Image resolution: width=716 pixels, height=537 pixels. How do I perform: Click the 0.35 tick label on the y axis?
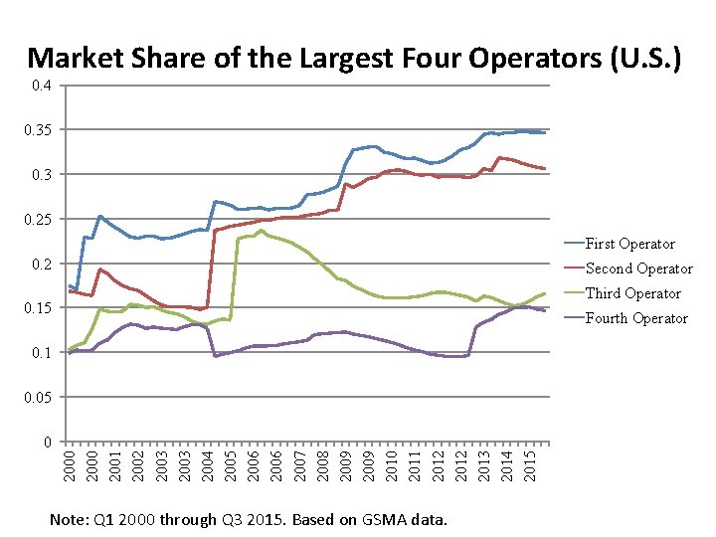pyautogui.click(x=41, y=130)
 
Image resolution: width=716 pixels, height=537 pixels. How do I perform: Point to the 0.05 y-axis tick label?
pyautogui.click(x=41, y=398)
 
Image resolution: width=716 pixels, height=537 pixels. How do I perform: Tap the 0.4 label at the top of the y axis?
pyautogui.click(x=44, y=87)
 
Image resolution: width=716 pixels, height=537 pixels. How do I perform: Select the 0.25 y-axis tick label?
pyautogui.click(x=41, y=220)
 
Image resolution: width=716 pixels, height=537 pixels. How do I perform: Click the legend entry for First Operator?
pyautogui.click(x=629, y=244)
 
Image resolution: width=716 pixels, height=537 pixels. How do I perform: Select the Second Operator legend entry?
pyautogui.click(x=638, y=268)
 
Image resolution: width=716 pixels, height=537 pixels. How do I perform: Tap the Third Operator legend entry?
pyautogui.click(x=633, y=293)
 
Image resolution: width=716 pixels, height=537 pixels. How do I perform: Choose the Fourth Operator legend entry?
pyautogui.click(x=636, y=318)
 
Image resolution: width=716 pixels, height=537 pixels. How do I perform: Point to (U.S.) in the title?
pyautogui.click(x=646, y=59)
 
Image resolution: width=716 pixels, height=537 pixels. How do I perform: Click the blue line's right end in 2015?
pyautogui.click(x=544, y=132)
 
